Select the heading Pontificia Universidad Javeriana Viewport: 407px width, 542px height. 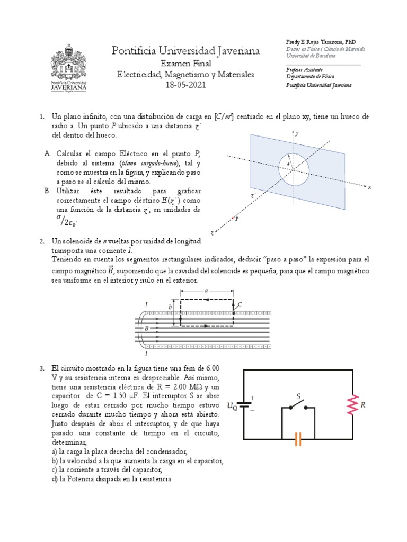(186, 51)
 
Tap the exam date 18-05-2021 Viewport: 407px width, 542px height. (185, 85)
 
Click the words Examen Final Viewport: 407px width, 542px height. (185, 63)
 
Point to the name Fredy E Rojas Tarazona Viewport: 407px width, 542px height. (313, 41)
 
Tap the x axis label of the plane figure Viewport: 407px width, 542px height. (369, 187)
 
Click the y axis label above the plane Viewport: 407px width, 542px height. (298, 134)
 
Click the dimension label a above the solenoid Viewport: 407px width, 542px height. (206, 290)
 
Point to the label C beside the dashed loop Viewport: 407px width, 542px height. (240, 304)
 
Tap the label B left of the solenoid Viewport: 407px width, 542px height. (146, 328)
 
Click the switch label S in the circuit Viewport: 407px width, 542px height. (298, 396)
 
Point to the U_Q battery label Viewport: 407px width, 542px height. (232, 406)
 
